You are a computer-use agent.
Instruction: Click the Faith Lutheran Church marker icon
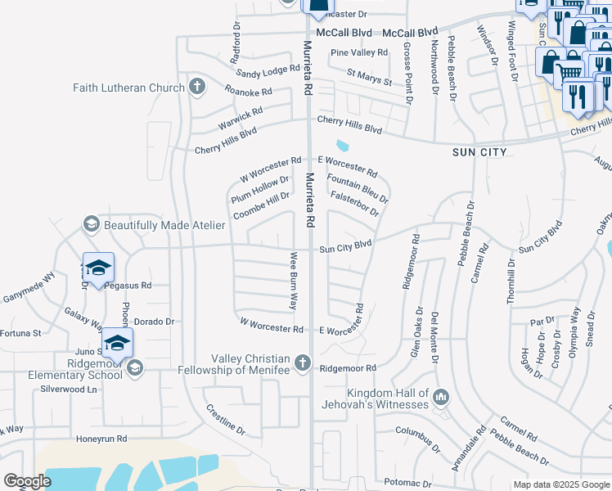pos(196,87)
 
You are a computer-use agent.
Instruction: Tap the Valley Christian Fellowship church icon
pos(303,362)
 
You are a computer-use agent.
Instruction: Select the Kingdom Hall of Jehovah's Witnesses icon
pos(441,397)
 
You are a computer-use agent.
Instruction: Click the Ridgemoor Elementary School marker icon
pos(134,368)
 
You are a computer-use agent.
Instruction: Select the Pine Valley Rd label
pos(358,52)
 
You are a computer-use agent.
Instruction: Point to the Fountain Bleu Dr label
pos(357,187)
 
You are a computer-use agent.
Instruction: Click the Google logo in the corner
pos(27,481)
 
